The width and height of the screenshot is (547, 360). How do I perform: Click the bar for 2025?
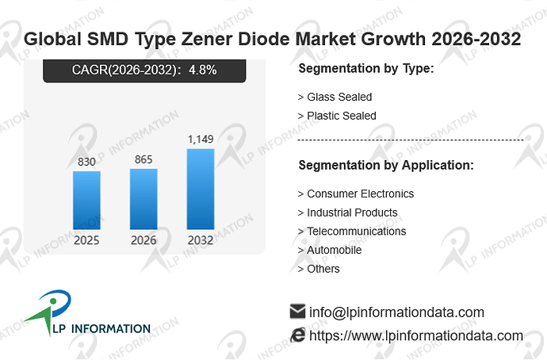click(86, 201)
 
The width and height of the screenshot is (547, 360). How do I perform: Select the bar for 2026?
click(143, 199)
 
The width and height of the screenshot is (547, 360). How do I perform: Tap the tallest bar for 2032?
click(201, 189)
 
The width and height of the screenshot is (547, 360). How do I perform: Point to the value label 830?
click(86, 162)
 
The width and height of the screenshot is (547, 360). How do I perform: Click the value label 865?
click(143, 159)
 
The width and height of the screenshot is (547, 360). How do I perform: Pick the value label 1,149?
click(201, 140)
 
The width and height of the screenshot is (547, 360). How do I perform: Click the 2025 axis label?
click(86, 240)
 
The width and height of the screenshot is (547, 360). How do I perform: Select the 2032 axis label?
click(201, 240)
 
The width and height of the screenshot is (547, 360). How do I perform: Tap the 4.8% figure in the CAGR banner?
click(203, 70)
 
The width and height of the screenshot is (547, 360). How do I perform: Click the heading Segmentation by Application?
click(386, 165)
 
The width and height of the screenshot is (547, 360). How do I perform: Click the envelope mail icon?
click(297, 312)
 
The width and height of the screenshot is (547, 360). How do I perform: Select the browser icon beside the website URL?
click(297, 335)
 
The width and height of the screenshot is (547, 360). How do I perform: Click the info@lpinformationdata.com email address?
click(396, 312)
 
